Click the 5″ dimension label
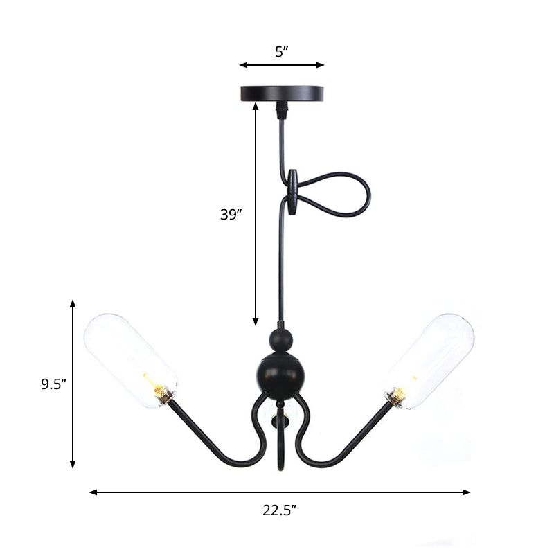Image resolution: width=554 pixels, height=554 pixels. (281, 51)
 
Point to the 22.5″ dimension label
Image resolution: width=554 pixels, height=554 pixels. (280, 511)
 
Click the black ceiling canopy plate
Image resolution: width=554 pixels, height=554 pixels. (281, 93)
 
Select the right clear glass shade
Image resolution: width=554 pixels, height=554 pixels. (430, 361)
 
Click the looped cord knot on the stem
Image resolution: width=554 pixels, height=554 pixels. (295, 193)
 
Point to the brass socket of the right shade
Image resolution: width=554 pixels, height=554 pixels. (397, 397)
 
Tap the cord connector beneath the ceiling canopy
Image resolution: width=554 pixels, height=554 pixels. (281, 109)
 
